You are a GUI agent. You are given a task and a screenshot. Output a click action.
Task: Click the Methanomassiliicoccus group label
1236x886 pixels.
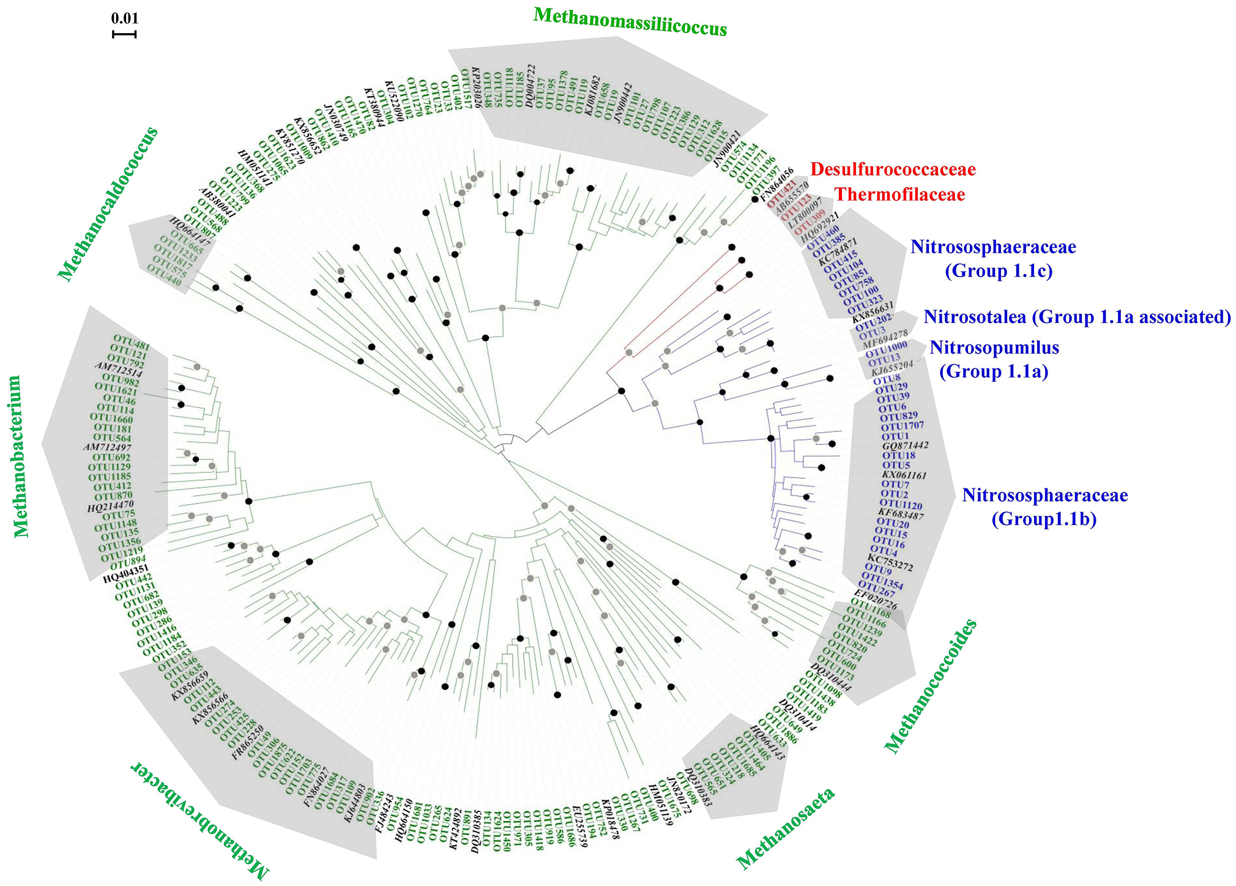pos(630,22)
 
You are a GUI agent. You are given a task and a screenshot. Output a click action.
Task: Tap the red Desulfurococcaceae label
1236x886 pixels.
pos(892,169)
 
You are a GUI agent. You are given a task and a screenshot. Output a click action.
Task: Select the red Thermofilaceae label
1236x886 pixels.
pos(900,195)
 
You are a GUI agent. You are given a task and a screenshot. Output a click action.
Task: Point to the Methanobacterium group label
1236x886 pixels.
pos(22,456)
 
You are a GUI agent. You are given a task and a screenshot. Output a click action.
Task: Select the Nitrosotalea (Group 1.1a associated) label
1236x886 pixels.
pos(1077,317)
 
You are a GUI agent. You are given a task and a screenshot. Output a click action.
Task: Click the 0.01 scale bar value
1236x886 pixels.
pos(124,18)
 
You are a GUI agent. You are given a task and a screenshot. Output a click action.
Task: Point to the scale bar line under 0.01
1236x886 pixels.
pos(124,34)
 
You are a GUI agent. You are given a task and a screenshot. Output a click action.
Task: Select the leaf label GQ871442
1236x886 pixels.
pos(905,445)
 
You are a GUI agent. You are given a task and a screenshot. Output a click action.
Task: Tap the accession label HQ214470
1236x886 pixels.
pos(110,506)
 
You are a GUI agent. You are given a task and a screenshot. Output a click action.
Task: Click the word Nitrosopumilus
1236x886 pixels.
pos(994,348)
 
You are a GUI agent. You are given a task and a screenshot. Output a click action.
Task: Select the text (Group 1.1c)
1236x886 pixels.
pos(999,271)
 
